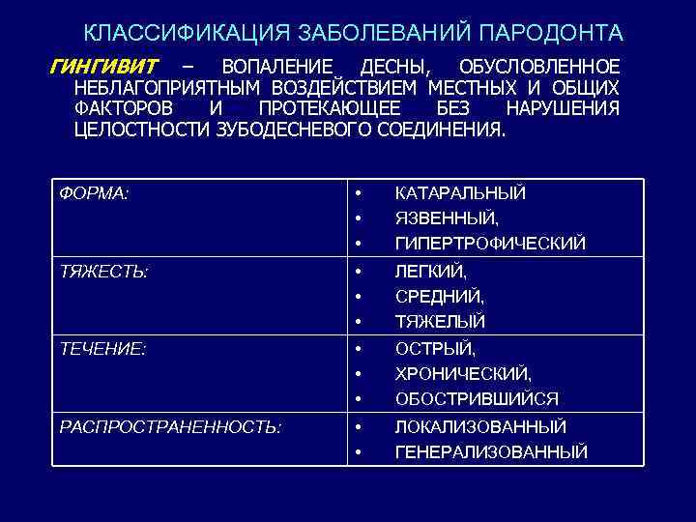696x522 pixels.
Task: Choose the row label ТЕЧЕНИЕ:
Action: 103,349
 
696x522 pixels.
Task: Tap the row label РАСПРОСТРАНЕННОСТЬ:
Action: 171,426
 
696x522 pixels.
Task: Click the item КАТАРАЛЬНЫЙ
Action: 460,193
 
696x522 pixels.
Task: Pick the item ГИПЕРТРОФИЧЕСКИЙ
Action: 490,243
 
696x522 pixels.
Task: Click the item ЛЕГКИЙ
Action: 430,273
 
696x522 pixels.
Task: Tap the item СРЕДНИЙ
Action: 440,297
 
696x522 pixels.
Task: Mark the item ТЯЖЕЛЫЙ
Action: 440,321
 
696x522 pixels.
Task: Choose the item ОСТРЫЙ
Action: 435,350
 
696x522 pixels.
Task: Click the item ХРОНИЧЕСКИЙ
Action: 463,374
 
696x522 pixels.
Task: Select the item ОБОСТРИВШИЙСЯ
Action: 477,398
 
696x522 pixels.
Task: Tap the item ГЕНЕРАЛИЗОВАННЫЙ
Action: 491,451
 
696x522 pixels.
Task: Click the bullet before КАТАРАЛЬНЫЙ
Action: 358,193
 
